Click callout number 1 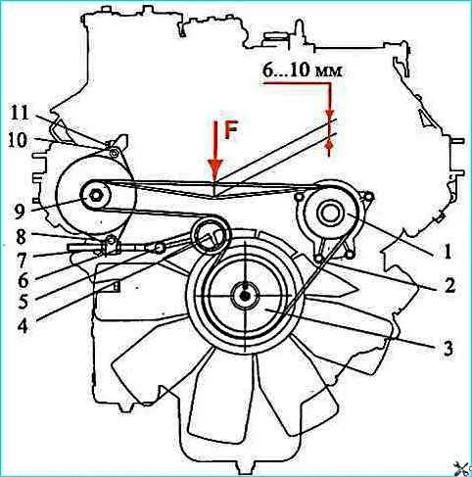[x=448, y=252]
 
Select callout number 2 [x=449, y=285]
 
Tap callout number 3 [x=448, y=348]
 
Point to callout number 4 [x=23, y=325]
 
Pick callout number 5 [x=23, y=303]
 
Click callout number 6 [x=23, y=281]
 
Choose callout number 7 [x=22, y=261]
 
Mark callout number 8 [x=22, y=237]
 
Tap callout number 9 [x=20, y=212]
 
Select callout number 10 [x=18, y=140]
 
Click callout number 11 [x=19, y=114]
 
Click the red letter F [x=230, y=131]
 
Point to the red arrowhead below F [x=214, y=170]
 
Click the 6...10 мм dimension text [x=303, y=72]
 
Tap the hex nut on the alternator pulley [x=96, y=196]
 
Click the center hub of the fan [x=245, y=296]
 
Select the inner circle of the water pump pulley [x=331, y=213]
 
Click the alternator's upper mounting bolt [x=114, y=153]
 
